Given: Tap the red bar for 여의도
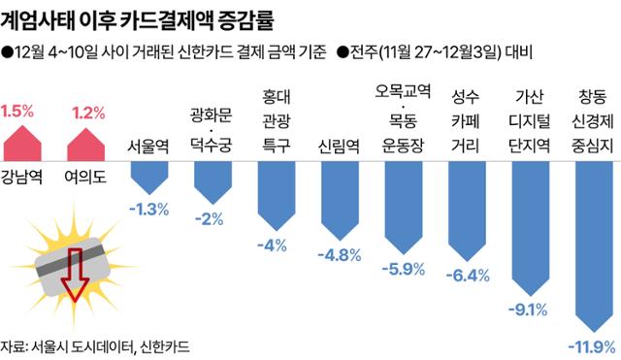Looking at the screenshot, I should pos(88,145).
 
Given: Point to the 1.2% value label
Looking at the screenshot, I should pos(88,113).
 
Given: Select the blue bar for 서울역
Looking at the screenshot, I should pos(149,176).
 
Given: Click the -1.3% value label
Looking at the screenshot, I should pos(149,209).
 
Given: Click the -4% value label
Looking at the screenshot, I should pos(274,244).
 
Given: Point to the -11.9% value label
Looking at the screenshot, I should pos(589,345).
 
